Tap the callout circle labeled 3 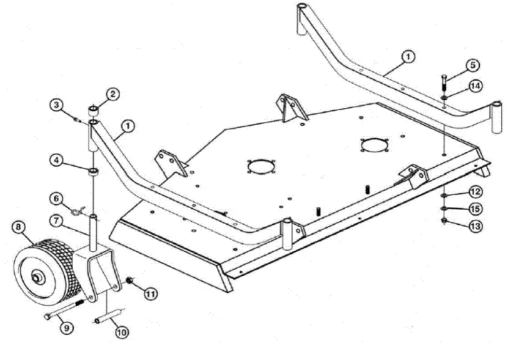pyautogui.click(x=56, y=105)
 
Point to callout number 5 pyautogui.click(x=473, y=65)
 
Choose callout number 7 pyautogui.click(x=56, y=219)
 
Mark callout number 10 pyautogui.click(x=121, y=332)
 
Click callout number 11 pyautogui.click(x=150, y=293)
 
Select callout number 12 pyautogui.click(x=475, y=192)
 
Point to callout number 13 pyautogui.click(x=475, y=226)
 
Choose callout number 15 pyautogui.click(x=475, y=208)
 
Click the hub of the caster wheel pyautogui.click(x=38, y=278)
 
